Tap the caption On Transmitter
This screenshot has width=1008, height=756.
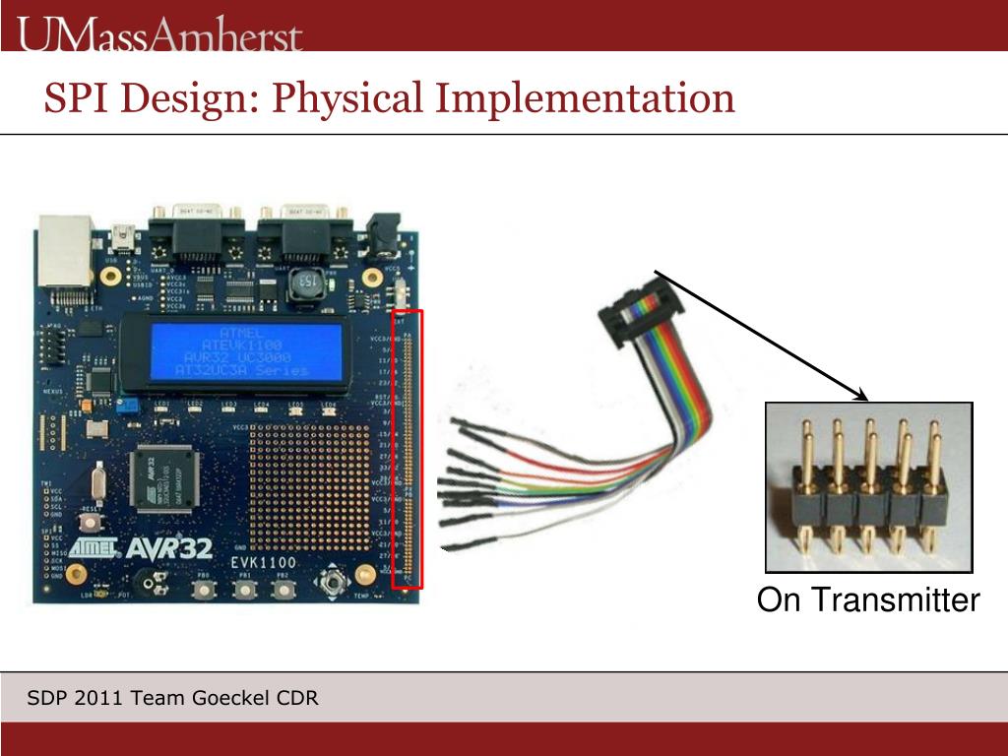point(868,600)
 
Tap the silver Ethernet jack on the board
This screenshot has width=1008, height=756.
point(64,253)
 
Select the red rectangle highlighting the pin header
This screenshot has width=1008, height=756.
point(408,449)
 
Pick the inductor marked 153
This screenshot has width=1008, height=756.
point(307,284)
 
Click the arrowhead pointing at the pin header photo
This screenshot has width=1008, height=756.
point(863,398)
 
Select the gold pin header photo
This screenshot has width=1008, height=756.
point(868,486)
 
